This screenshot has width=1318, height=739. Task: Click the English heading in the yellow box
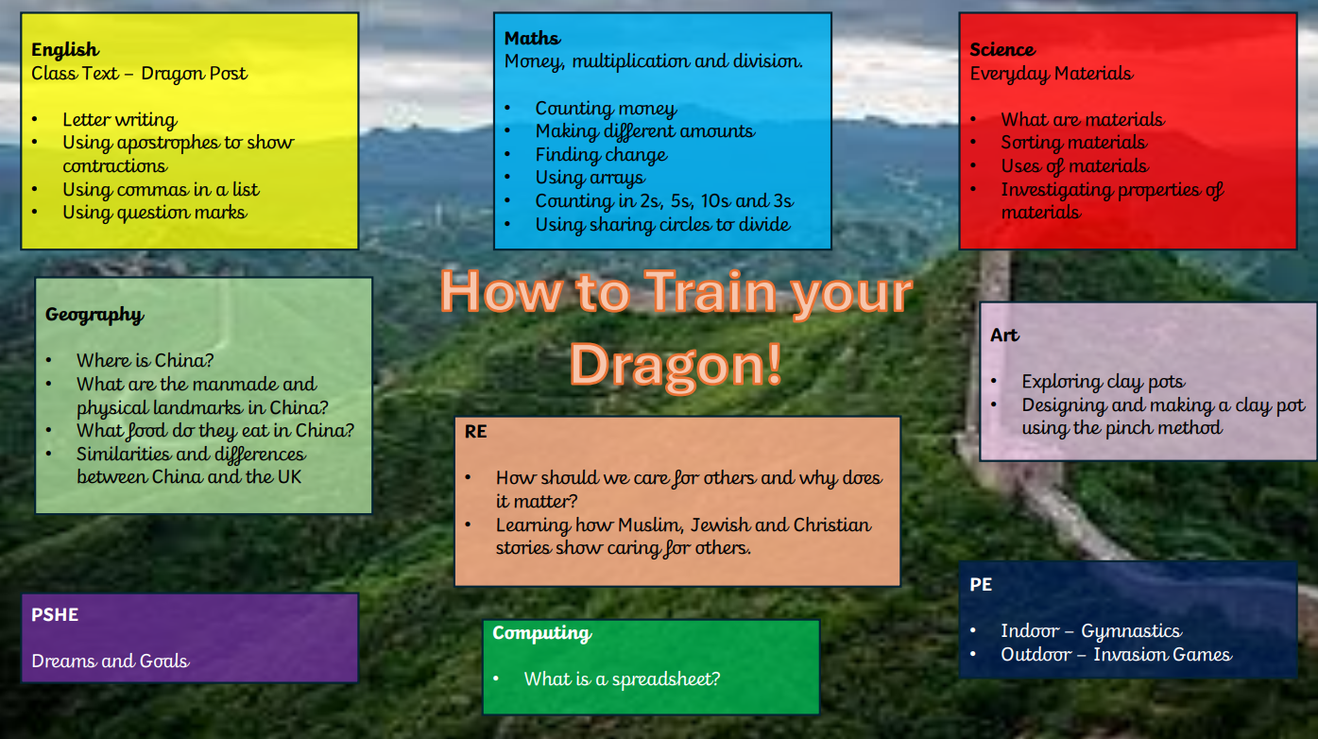point(65,50)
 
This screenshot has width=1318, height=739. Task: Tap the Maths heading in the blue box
point(533,38)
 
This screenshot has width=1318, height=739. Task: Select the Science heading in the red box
point(1002,49)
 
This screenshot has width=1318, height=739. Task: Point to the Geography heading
point(94,315)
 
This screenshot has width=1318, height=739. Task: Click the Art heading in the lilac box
point(1004,335)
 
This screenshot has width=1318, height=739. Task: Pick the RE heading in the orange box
point(475,431)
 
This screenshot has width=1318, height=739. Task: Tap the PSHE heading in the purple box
point(55,615)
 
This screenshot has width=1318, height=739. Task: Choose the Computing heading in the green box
point(542,633)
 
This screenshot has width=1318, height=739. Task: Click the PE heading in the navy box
point(981,584)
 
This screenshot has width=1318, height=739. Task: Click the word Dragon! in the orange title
point(676,366)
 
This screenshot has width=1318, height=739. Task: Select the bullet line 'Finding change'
point(601,155)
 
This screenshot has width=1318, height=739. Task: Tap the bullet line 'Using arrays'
point(591,178)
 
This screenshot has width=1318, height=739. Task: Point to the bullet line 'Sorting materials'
point(1074,143)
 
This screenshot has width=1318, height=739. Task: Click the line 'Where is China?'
point(145,361)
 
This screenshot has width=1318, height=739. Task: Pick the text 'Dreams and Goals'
point(110,662)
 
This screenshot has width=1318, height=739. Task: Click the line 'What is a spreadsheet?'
point(622,679)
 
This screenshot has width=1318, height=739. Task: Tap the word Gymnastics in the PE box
point(1132,631)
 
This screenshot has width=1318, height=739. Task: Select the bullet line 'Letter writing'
point(119,120)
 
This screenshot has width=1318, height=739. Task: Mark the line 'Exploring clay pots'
point(1104,382)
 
